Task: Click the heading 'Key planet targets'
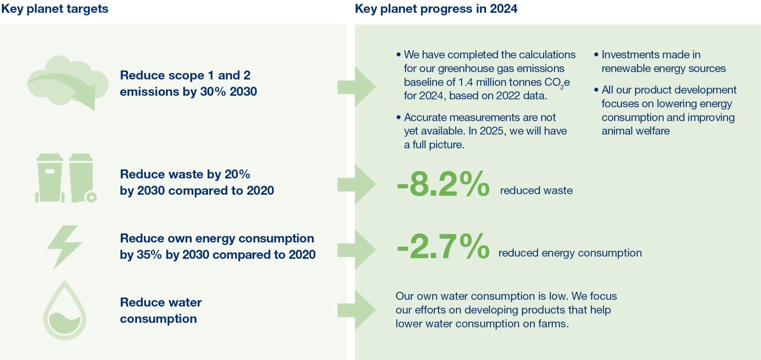coord(54,9)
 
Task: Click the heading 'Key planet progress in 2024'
coord(436,9)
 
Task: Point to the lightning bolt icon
coord(64,247)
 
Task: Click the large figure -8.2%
coord(443,184)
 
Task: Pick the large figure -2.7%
coord(443,247)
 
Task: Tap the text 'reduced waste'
coord(536,191)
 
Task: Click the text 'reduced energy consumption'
coord(570,253)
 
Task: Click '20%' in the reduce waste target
coord(237,174)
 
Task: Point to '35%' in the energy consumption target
coord(149,255)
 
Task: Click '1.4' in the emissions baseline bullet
coord(465,82)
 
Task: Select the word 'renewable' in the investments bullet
coord(626,69)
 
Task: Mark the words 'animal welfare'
coord(636,131)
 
